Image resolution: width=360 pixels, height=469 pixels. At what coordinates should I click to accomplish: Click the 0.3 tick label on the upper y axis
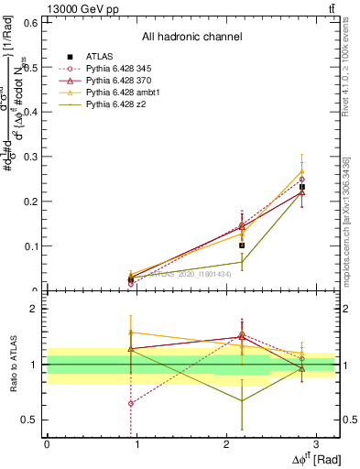click(29, 156)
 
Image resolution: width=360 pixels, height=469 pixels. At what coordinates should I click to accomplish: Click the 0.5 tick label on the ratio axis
click(29, 420)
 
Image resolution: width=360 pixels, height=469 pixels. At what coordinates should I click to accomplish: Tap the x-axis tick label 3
click(315, 443)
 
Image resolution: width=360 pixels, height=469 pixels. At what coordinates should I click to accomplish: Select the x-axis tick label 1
click(136, 443)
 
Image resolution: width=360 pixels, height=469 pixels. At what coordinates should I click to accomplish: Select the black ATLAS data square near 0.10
click(242, 245)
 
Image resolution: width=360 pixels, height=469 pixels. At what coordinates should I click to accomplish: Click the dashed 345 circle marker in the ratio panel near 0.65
click(131, 403)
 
